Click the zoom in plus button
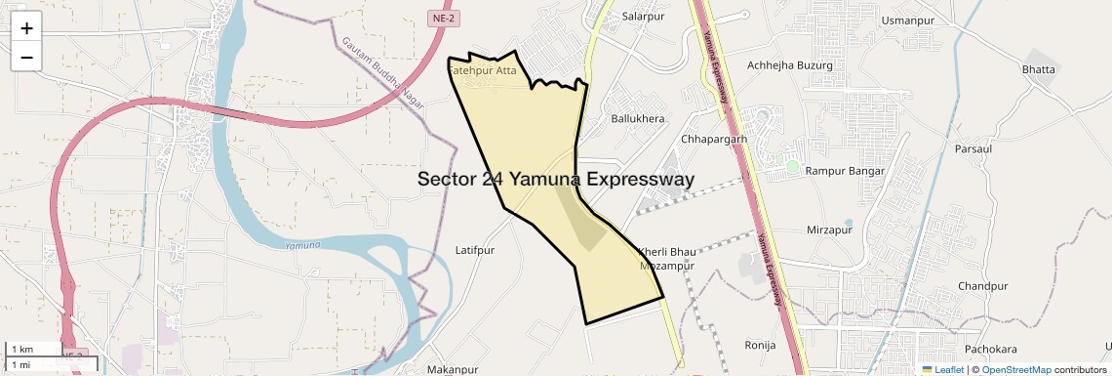pyautogui.click(x=26, y=28)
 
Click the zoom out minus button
pyautogui.click(x=26, y=57)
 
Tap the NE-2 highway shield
pyautogui.click(x=443, y=18)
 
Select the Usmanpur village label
pyautogui.click(x=907, y=20)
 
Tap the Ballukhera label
pyautogui.click(x=637, y=119)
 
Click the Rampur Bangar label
pyautogui.click(x=845, y=171)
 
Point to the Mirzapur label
pyautogui.click(x=830, y=230)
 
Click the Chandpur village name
pyautogui.click(x=982, y=286)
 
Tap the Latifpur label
pyautogui.click(x=476, y=251)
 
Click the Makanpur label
pyautogui.click(x=453, y=370)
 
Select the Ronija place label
pyautogui.click(x=760, y=345)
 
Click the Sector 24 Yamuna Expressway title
pyautogui.click(x=556, y=179)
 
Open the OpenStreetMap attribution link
pyautogui.click(x=1015, y=370)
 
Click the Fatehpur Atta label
pyautogui.click(x=482, y=70)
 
